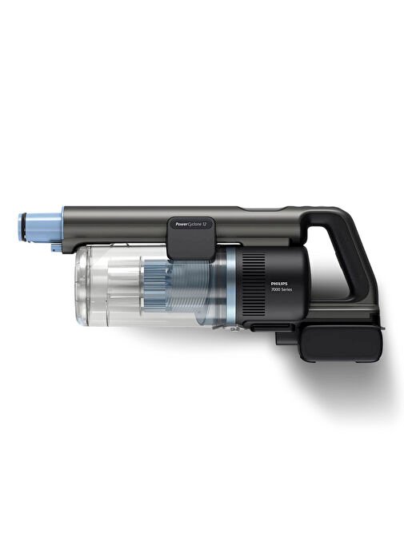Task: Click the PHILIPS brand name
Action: click(x=279, y=283)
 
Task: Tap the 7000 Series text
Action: click(x=282, y=289)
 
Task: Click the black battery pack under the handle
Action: click(x=341, y=343)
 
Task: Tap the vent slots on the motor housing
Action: click(x=254, y=285)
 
